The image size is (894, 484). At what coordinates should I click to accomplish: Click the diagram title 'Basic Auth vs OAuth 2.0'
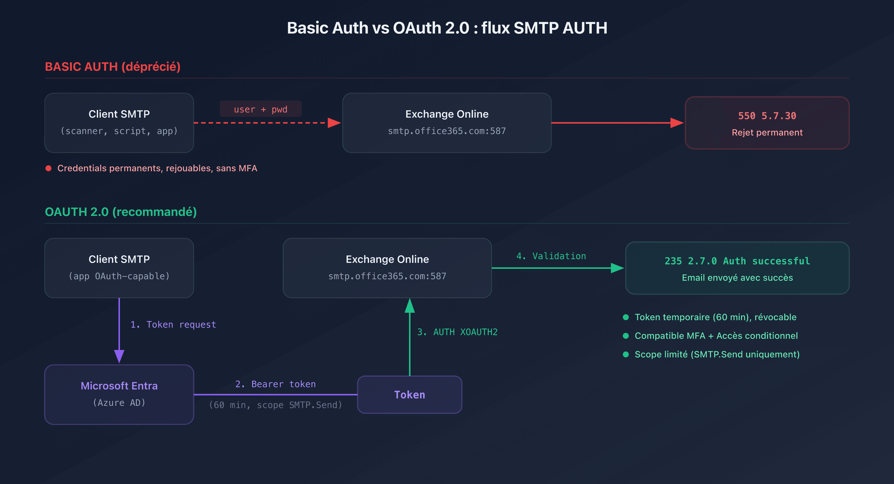(447, 28)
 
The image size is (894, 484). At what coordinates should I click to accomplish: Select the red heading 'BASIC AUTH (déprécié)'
(112, 67)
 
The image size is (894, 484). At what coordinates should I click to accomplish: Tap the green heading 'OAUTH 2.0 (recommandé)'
(120, 212)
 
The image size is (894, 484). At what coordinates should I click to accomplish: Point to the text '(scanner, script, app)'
(119, 131)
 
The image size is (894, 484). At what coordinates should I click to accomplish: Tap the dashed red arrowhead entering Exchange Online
(334, 123)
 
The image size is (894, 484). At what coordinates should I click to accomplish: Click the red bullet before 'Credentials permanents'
(49, 168)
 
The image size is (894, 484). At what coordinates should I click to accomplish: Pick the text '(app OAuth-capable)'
(119, 276)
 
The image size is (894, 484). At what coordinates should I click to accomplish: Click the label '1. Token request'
(173, 325)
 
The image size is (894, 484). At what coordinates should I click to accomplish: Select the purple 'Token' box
(409, 394)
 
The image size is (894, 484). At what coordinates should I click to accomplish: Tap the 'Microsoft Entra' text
(119, 386)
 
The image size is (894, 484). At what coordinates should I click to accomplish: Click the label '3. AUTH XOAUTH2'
(457, 332)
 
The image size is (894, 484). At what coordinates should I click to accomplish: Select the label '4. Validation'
(551, 256)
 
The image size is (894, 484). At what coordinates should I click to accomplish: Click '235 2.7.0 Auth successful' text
(737, 261)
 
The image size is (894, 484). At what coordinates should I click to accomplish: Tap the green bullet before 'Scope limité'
(626, 354)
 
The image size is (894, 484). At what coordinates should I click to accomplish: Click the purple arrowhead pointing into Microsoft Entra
(119, 356)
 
